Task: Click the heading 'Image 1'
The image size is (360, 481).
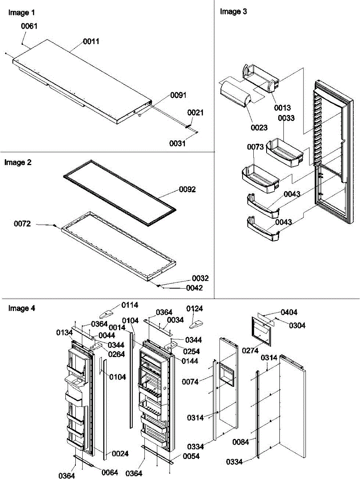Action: click(18, 13)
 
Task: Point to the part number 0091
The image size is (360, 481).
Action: click(178, 95)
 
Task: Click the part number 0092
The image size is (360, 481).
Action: click(187, 189)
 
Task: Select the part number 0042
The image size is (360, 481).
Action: click(194, 287)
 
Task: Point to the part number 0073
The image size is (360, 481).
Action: click(255, 147)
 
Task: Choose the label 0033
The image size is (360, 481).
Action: click(286, 118)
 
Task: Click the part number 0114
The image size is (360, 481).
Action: click(130, 305)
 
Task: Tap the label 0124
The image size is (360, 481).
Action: click(194, 309)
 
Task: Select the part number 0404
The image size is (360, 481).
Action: click(289, 312)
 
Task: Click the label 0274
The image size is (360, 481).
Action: click(250, 350)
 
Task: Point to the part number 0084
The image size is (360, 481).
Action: click(241, 442)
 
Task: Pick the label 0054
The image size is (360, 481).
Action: click(191, 456)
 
